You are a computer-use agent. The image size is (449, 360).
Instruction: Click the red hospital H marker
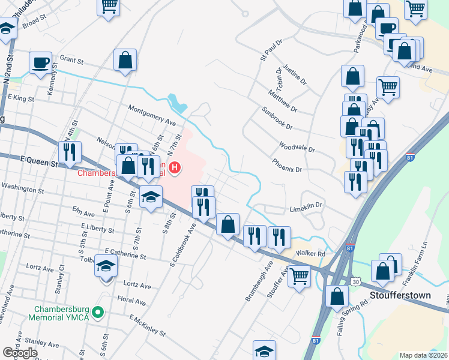175,167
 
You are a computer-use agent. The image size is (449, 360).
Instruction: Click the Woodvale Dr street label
297,147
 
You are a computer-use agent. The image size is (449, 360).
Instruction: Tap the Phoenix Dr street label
286,166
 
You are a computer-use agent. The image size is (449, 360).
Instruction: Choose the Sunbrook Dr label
277,119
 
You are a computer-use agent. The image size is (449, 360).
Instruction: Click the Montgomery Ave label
152,115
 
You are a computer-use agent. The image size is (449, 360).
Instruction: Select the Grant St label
71,61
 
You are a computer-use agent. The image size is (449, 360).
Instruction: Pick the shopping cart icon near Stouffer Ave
300,277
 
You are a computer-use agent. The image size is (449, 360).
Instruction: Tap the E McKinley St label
147,324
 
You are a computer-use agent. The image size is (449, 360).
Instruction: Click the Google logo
20,353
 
